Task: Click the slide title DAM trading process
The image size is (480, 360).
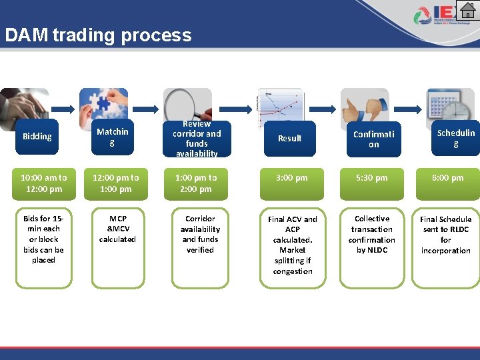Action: coord(98,35)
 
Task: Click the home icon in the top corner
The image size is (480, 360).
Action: coord(469,11)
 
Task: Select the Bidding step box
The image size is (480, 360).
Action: coord(37,137)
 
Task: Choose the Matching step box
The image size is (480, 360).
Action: coord(111,137)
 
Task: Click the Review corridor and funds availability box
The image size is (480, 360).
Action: coord(197,139)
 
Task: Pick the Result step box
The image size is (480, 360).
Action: coord(289,138)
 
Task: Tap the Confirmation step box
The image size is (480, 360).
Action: coord(373,139)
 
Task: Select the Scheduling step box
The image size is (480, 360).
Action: coord(455,138)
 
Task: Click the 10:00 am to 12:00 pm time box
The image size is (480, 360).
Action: coord(43,183)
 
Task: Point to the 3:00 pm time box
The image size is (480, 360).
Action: coord(292,178)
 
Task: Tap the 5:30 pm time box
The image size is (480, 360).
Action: coord(372,178)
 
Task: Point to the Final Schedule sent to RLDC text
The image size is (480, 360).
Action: coord(446,235)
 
